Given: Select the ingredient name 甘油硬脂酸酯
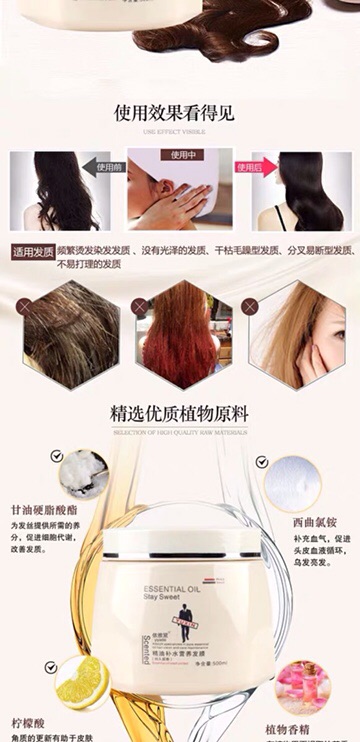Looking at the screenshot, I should tap(46, 507).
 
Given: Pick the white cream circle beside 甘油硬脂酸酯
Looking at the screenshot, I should tap(83, 473).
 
